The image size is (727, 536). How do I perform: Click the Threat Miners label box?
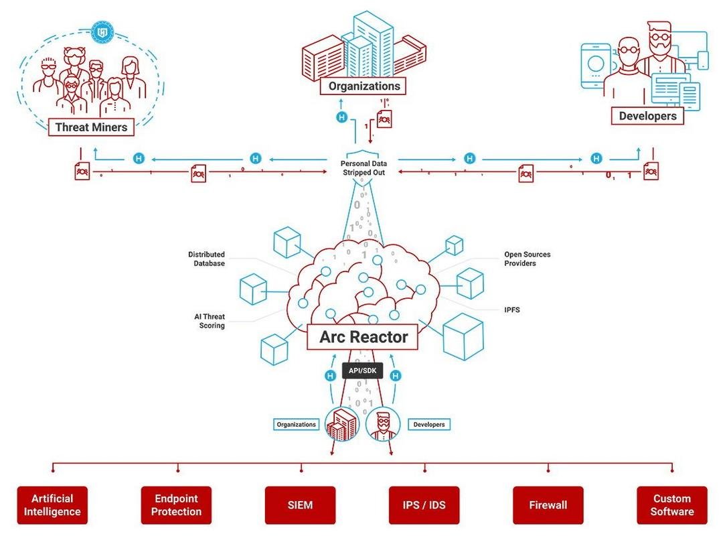coord(91,127)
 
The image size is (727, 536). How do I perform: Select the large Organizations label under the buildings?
coord(363,86)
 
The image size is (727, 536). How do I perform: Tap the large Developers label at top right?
coord(647,115)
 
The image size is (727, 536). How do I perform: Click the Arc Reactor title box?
coord(363,336)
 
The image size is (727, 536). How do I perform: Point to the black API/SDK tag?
coord(363,371)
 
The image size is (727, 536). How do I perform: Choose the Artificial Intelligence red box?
coord(52,505)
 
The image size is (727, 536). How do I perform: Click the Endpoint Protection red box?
coord(176,505)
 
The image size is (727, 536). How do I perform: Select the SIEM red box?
coord(300,505)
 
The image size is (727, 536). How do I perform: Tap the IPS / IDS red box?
coord(424,505)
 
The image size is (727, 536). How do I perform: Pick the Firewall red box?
coord(548,505)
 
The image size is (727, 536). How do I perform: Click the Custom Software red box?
coord(672,505)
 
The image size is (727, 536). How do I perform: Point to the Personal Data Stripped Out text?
coord(363,168)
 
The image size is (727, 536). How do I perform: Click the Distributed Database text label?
coord(206,259)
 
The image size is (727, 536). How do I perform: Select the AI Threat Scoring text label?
coord(210,321)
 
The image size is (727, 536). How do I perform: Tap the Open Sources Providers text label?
coord(527,259)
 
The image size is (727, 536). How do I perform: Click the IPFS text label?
coord(512,310)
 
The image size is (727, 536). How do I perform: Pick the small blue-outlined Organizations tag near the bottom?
coord(297,424)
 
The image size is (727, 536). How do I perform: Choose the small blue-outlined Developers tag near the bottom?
coord(429,424)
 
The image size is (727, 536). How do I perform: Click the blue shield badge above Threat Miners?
coord(102,32)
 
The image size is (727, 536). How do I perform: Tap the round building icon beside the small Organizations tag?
coord(341,424)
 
